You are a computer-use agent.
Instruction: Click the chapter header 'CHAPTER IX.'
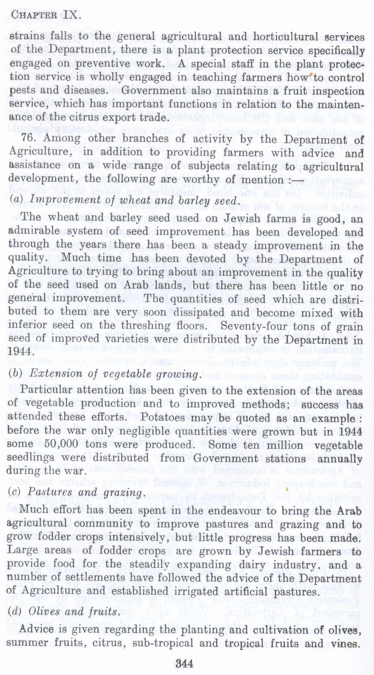point(45,16)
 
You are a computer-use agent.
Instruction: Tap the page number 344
point(184,663)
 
